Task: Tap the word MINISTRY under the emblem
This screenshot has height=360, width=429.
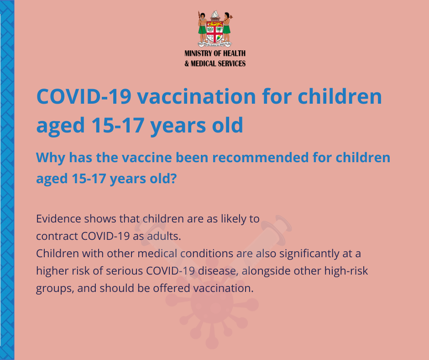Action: point(196,53)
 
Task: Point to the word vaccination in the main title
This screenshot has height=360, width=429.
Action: point(196,96)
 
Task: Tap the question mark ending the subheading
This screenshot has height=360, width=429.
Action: point(173,178)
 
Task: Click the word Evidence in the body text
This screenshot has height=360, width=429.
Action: point(58,219)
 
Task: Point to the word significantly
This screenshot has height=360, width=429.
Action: point(309,254)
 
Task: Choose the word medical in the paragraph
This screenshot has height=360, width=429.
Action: point(157,254)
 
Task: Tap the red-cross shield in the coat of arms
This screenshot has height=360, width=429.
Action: point(215,32)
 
